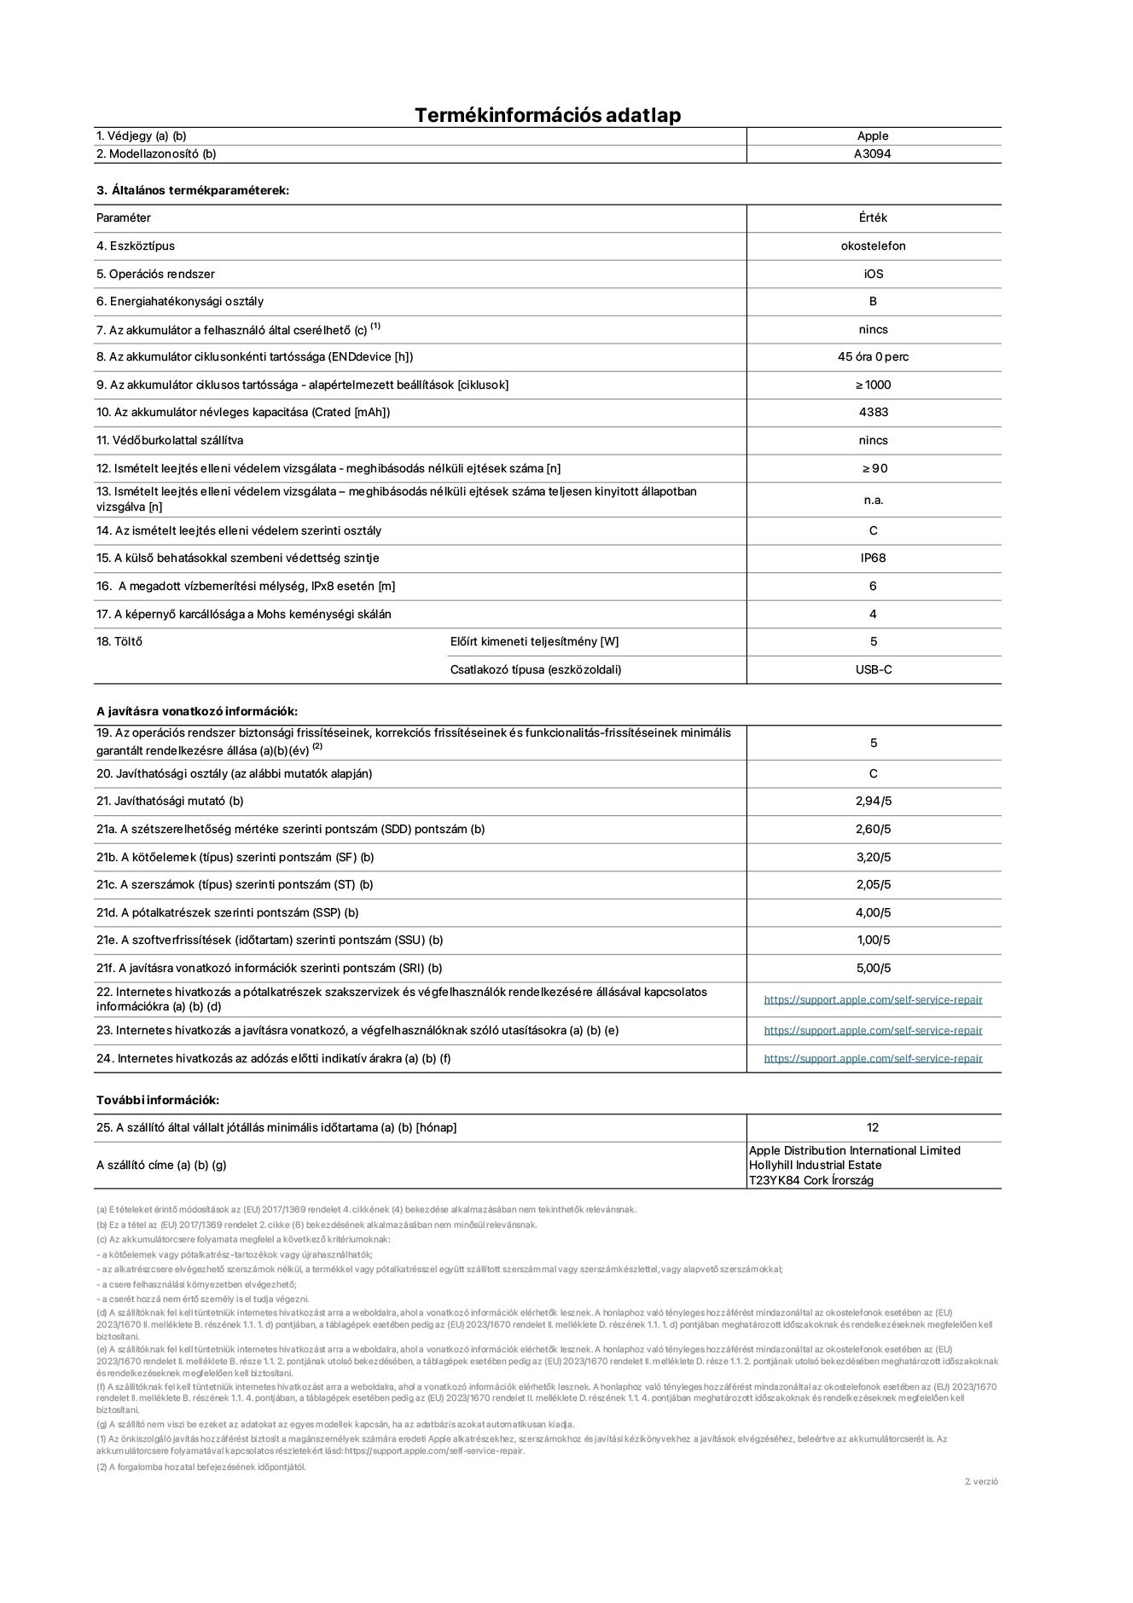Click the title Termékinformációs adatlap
tap(548, 115)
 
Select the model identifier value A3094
tap(872, 154)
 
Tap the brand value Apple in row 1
tap(873, 136)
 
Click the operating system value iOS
tap(873, 274)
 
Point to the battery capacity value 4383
tap(873, 413)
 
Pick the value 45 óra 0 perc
tap(873, 357)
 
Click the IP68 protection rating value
tap(873, 558)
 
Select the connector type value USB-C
tap(873, 669)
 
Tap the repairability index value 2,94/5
tap(873, 801)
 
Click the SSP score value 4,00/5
tap(873, 912)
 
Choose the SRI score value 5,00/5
tap(873, 968)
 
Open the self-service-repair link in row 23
tap(873, 1030)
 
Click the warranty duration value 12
tap(873, 1127)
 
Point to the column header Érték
tap(873, 218)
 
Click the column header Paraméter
tap(124, 218)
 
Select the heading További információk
tap(158, 1100)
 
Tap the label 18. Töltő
tap(119, 641)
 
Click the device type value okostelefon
tap(873, 246)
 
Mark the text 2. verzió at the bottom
tap(981, 1481)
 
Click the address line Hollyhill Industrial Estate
tap(816, 1165)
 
